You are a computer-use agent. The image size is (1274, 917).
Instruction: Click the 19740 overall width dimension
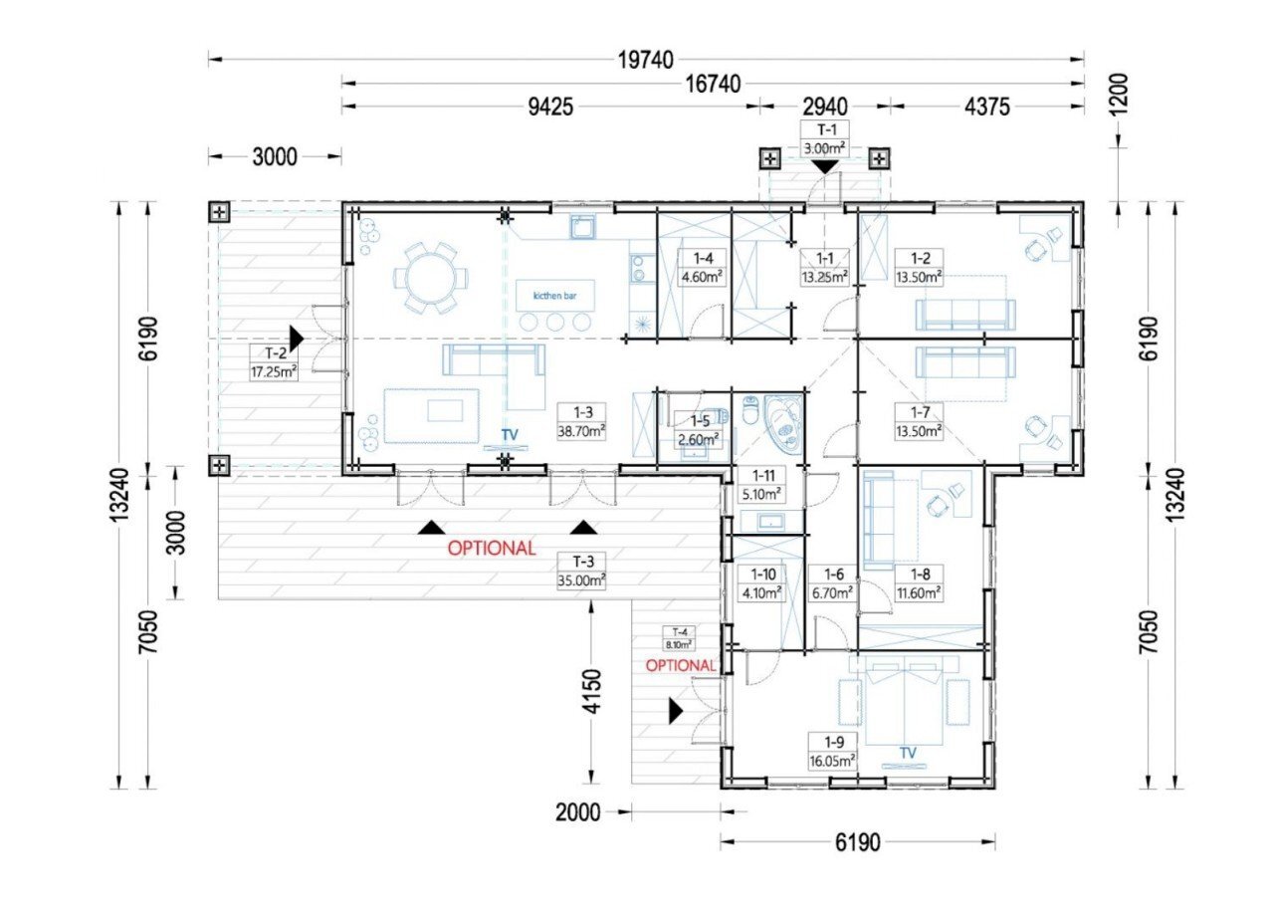pyautogui.click(x=646, y=60)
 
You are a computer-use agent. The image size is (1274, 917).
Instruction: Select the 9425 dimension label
pyautogui.click(x=550, y=107)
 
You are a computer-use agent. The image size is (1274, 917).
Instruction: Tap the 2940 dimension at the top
pyautogui.click(x=825, y=107)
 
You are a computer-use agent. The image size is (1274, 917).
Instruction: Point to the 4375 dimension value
pyautogui.click(x=986, y=107)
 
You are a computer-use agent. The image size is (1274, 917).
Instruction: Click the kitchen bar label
pyautogui.click(x=554, y=296)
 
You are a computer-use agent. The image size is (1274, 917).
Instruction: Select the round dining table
pyautogui.click(x=431, y=280)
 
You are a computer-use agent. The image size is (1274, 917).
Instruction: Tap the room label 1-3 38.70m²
pyautogui.click(x=581, y=421)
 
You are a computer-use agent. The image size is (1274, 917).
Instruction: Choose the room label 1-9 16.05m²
pyautogui.click(x=833, y=751)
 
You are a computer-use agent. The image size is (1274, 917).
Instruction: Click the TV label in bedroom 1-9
pyautogui.click(x=908, y=753)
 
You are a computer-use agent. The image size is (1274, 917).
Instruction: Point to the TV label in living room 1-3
pyautogui.click(x=510, y=435)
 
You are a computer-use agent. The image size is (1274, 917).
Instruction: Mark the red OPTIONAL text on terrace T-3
pyautogui.click(x=492, y=549)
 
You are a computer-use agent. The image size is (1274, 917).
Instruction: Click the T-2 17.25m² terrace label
pyautogui.click(x=274, y=362)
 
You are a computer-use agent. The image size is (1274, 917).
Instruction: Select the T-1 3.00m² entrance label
pyautogui.click(x=825, y=138)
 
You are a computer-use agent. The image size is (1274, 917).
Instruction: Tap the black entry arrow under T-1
pyautogui.click(x=825, y=167)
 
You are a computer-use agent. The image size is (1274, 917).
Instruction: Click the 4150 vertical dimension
pyautogui.click(x=592, y=692)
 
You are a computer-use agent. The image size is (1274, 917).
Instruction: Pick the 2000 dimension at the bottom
pyautogui.click(x=578, y=812)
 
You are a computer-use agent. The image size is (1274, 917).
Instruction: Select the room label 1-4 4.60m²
pyautogui.click(x=703, y=268)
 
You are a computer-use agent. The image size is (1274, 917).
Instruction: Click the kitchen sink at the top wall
pyautogui.click(x=583, y=228)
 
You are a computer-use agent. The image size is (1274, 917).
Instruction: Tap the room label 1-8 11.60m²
pyautogui.click(x=919, y=583)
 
